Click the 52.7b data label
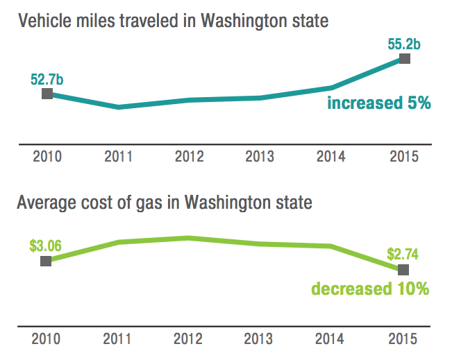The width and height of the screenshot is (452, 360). (x=47, y=79)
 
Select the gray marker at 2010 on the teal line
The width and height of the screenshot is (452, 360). (x=47, y=94)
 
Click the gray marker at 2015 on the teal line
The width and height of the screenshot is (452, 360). (x=405, y=59)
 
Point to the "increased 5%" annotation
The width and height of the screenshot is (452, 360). (x=379, y=104)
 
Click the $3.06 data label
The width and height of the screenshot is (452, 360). (x=46, y=246)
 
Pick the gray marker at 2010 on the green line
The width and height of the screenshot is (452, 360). (x=46, y=261)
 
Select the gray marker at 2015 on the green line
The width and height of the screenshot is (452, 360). (x=403, y=269)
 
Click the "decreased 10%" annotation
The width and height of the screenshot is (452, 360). (x=370, y=289)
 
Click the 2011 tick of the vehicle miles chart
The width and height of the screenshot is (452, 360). (x=119, y=156)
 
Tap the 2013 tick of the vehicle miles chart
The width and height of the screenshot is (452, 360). (x=260, y=156)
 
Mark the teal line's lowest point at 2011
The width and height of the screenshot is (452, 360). (x=119, y=107)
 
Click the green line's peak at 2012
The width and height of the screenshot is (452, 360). (x=188, y=238)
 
